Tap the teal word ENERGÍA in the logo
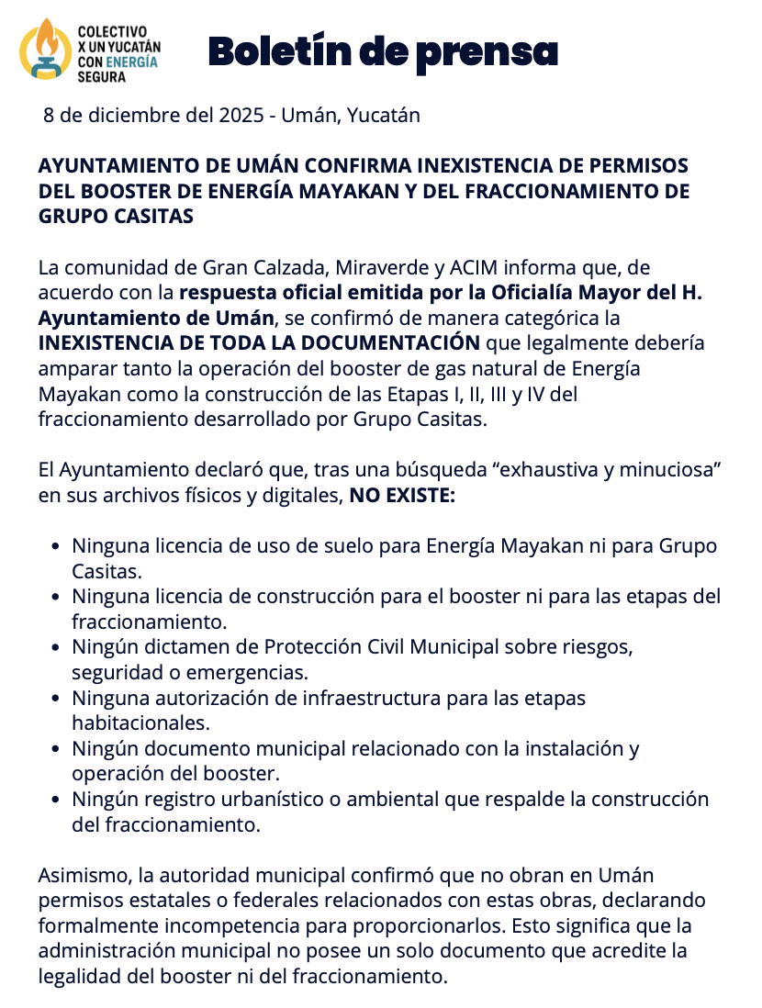tap(132, 62)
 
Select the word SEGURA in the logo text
tap(102, 77)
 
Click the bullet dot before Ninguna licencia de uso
tap(56, 546)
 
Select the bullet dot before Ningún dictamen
tap(56, 647)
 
